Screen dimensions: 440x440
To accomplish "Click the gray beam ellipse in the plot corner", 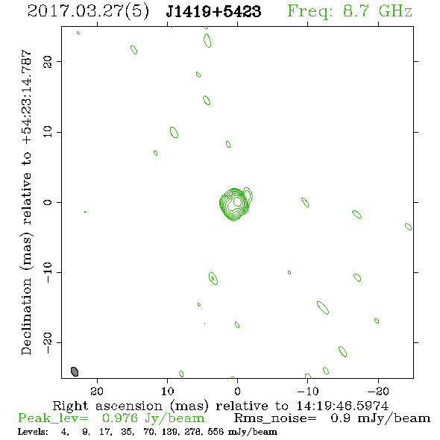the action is pyautogui.click(x=75, y=371).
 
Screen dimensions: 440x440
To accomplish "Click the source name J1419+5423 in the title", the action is pyautogui.click(x=213, y=11).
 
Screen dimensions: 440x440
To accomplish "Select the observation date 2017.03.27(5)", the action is pyautogui.click(x=88, y=12).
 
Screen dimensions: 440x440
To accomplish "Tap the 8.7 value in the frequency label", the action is pyautogui.click(x=356, y=11).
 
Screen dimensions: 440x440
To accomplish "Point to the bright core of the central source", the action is pyautogui.click(x=237, y=201).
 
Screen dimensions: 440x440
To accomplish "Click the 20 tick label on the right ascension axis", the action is pyautogui.click(x=97, y=391).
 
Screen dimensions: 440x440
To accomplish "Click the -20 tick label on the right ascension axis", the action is pyautogui.click(x=378, y=391).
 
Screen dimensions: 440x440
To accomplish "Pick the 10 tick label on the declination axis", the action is pyautogui.click(x=48, y=132).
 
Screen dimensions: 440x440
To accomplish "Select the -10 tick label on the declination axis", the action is pyautogui.click(x=48, y=272).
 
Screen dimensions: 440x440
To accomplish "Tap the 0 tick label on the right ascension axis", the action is pyautogui.click(x=237, y=391).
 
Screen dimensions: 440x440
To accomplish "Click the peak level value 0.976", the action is pyautogui.click(x=119, y=418).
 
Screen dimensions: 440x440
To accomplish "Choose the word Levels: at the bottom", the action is pyautogui.click(x=33, y=431).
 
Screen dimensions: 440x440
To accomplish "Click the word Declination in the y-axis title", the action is pyautogui.click(x=26, y=316).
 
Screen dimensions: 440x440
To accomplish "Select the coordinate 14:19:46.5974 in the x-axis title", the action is pyautogui.click(x=342, y=406).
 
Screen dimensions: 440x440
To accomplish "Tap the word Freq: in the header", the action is pyautogui.click(x=310, y=12).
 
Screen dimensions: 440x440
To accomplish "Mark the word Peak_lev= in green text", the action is pyautogui.click(x=53, y=418).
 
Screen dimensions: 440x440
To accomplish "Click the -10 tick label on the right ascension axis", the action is pyautogui.click(x=308, y=391).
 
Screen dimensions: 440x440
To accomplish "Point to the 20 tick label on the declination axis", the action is pyautogui.click(x=48, y=62).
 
